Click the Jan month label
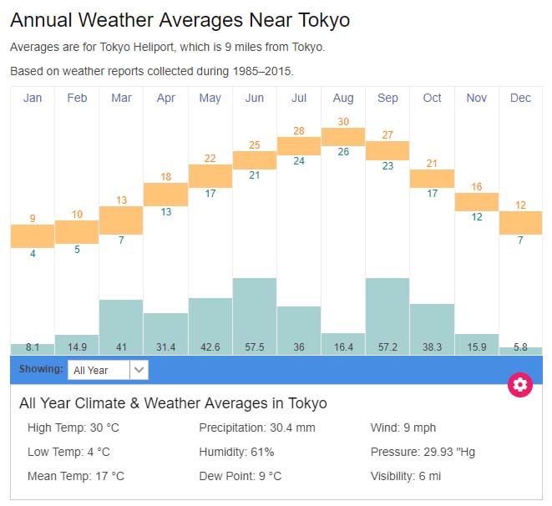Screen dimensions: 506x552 pyautogui.click(x=33, y=98)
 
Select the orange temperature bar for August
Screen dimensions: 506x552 pyautogui.click(x=343, y=136)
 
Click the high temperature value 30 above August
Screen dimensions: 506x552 pyautogui.click(x=343, y=121)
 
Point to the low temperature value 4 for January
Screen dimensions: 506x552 pyautogui.click(x=33, y=253)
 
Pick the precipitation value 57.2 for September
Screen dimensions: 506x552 pyautogui.click(x=387, y=347)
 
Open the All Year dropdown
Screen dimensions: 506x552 pyautogui.click(x=108, y=370)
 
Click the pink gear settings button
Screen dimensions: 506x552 pyautogui.click(x=520, y=384)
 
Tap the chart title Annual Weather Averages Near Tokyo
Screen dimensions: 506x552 pyautogui.click(x=180, y=20)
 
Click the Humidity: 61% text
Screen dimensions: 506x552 pyautogui.click(x=236, y=452)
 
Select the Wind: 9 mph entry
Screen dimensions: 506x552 pyautogui.click(x=403, y=428)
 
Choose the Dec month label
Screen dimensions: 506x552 pyautogui.click(x=520, y=98)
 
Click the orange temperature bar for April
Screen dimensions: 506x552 pyautogui.click(x=166, y=194)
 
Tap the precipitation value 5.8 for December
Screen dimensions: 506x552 pyautogui.click(x=520, y=347)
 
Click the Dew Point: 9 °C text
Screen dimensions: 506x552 pyautogui.click(x=240, y=476)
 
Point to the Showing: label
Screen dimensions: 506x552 pyautogui.click(x=41, y=369)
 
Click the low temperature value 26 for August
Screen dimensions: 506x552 pyautogui.click(x=343, y=152)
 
